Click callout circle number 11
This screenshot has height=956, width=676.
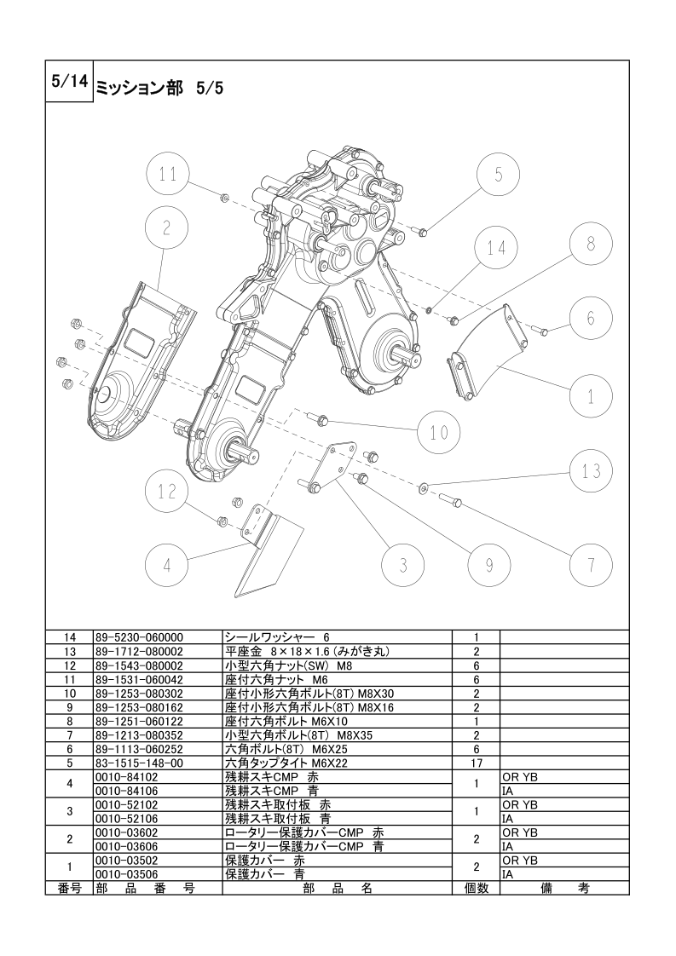(x=168, y=175)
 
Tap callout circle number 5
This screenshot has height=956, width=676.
(x=498, y=175)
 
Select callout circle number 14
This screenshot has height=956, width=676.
(x=497, y=248)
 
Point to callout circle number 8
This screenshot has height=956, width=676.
(x=591, y=244)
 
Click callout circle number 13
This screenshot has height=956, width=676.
(x=591, y=470)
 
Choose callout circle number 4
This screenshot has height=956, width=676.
(x=167, y=565)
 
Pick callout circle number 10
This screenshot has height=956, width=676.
(x=439, y=432)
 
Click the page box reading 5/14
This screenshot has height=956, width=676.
(x=69, y=82)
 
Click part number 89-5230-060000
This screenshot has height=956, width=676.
(x=139, y=637)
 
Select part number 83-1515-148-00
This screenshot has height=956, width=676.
(x=139, y=763)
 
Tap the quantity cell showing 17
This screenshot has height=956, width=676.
(x=477, y=763)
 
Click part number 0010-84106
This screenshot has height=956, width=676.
(x=126, y=792)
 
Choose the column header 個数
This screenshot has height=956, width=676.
(x=477, y=889)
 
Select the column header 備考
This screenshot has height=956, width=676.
(x=565, y=889)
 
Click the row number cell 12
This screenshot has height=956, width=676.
(x=69, y=665)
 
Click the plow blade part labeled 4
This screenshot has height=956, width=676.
(x=267, y=552)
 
